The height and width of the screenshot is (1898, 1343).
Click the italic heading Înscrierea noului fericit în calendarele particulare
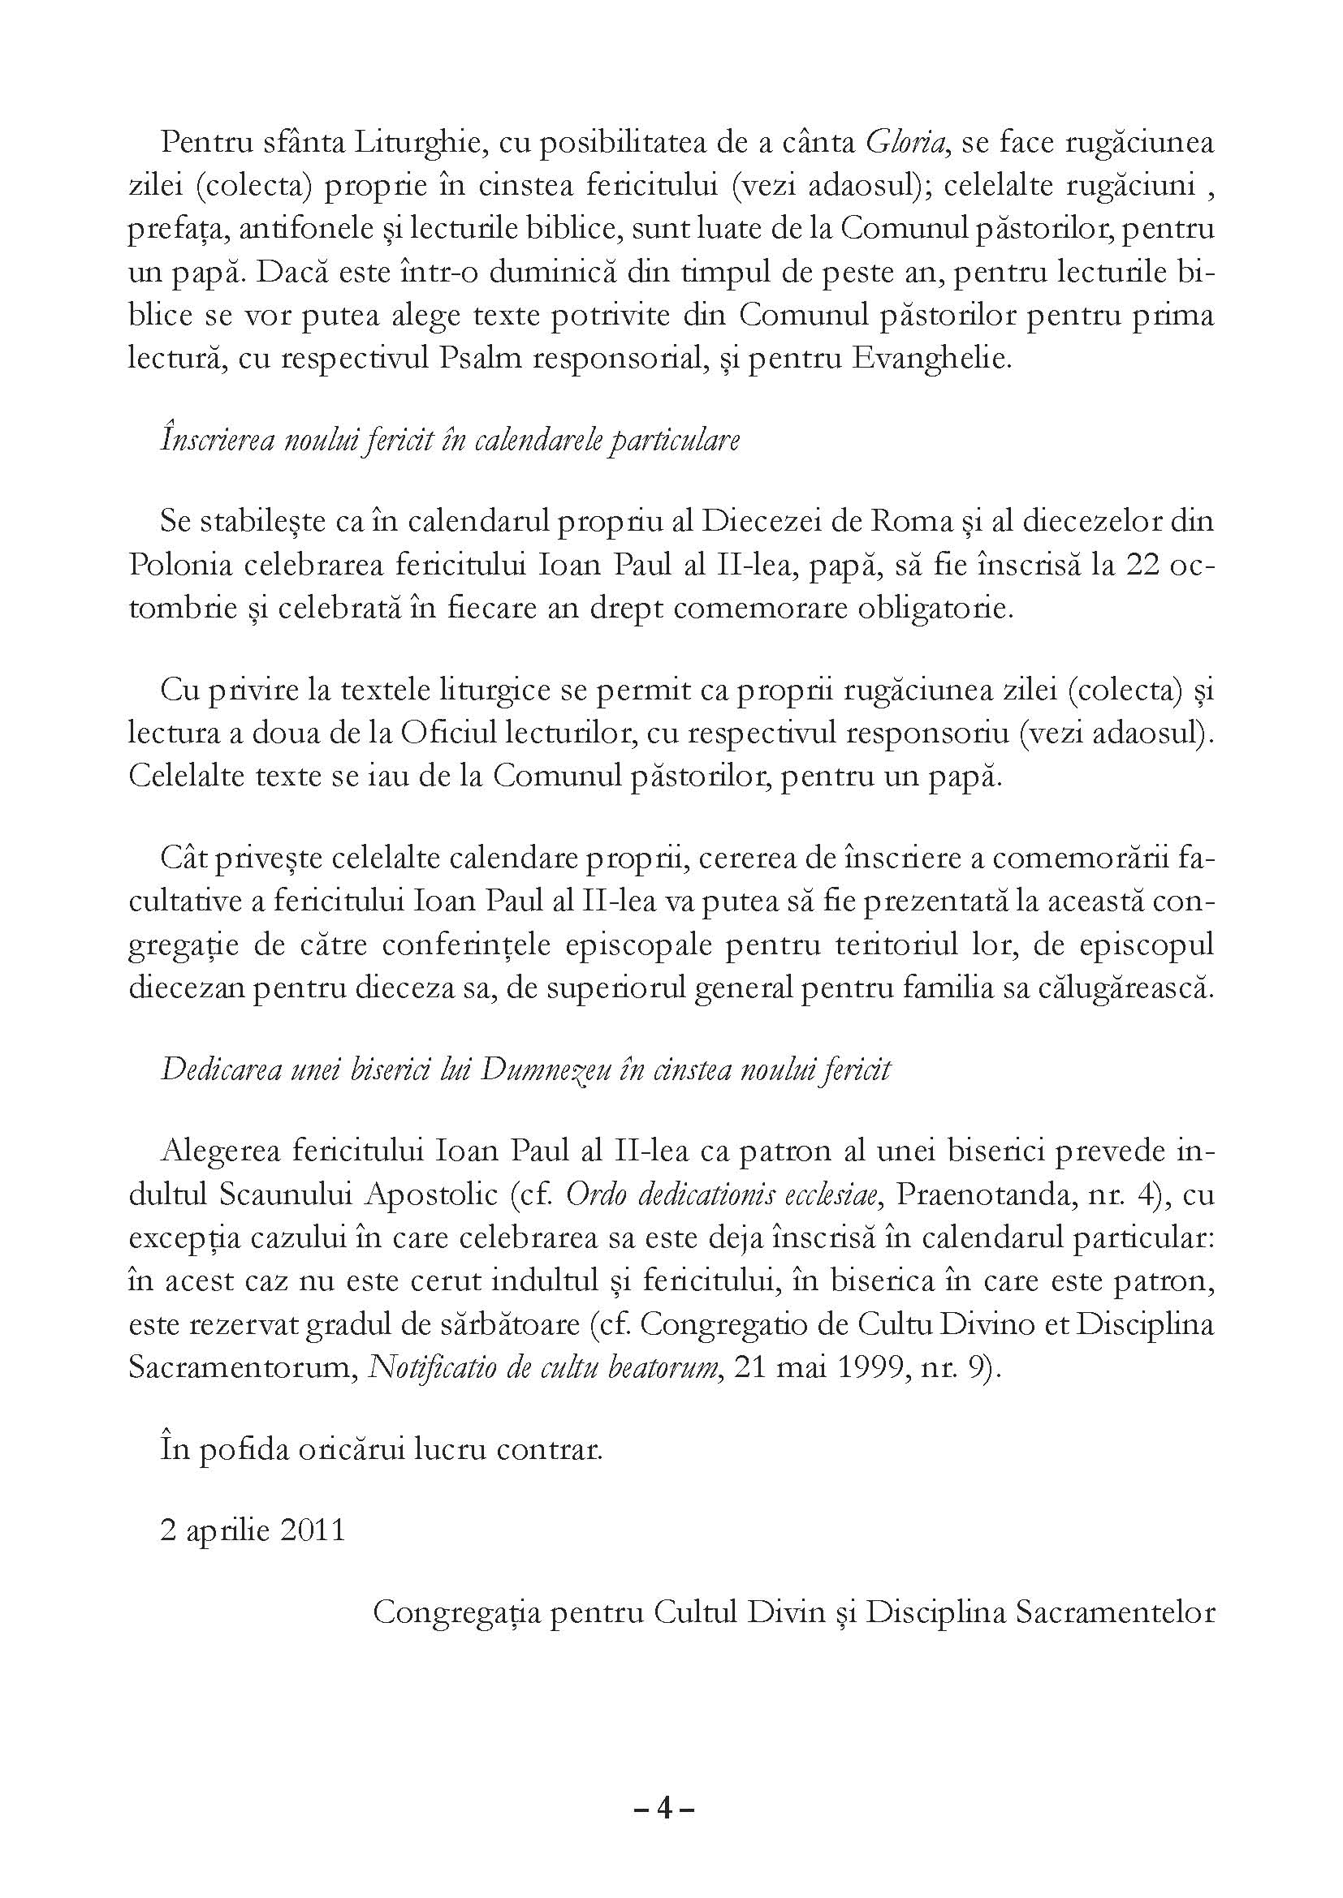[450, 440]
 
